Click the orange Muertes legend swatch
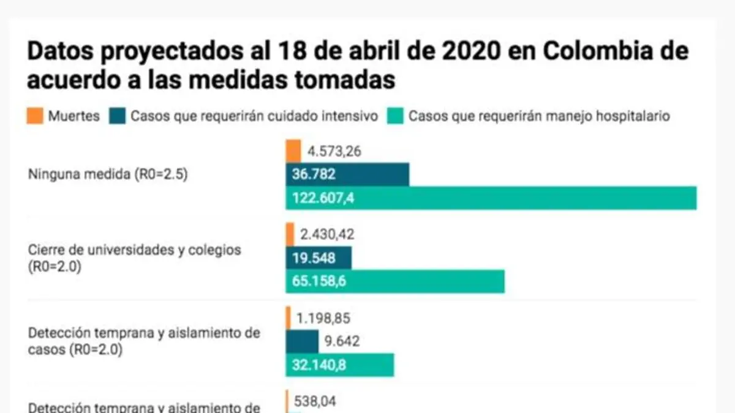[36, 116]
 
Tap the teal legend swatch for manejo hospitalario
[395, 116]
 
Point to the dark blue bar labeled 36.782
[347, 174]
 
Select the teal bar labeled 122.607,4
[491, 198]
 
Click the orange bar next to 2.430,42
[290, 234]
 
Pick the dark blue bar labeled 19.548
[318, 258]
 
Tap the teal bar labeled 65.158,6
[395, 281]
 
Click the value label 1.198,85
[323, 318]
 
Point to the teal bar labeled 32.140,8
[339, 365]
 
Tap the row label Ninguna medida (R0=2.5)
[108, 174]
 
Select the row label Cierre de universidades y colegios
[135, 250]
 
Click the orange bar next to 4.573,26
[293, 151]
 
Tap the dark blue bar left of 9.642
[302, 341]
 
